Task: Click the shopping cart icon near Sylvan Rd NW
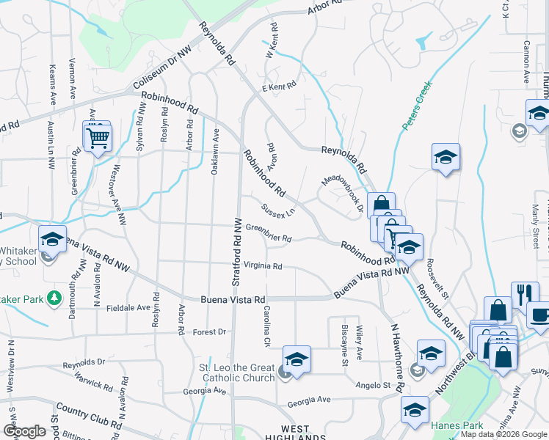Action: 98,137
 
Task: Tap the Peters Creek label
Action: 416,106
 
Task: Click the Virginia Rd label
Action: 263,266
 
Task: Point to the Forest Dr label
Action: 209,331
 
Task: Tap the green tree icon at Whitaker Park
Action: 53,297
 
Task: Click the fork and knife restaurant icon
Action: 523,294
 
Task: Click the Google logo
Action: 24,431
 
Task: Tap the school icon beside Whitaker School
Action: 52,238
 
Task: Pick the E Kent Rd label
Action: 280,87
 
